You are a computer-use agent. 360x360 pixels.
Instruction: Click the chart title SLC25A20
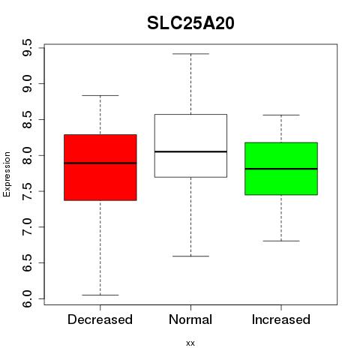coord(190,23)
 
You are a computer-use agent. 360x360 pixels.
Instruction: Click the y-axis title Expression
coord(7,174)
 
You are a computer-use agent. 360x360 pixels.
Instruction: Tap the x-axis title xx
coord(190,343)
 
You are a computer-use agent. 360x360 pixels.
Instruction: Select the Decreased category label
coord(100,319)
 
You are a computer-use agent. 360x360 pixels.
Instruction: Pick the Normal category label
coord(190,319)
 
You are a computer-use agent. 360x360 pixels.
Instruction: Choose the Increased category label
coord(281,319)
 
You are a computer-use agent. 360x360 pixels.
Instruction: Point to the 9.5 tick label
coord(27,47)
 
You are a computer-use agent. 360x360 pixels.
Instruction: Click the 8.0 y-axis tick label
coord(27,155)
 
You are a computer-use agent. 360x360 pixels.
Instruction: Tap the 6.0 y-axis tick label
coord(27,298)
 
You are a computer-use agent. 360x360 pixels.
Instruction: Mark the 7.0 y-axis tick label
coord(27,227)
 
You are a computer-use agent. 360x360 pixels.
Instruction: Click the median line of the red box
coord(100,163)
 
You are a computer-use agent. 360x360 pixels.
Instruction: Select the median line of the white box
coord(190,151)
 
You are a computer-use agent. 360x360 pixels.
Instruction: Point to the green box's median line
coord(281,169)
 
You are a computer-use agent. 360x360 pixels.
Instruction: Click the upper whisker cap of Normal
coord(190,54)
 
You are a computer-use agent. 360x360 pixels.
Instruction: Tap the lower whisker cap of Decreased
coord(100,295)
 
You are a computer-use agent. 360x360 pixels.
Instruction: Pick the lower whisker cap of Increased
coord(281,241)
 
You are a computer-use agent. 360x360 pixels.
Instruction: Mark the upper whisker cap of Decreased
coord(100,95)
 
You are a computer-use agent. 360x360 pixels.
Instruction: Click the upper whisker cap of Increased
coord(281,115)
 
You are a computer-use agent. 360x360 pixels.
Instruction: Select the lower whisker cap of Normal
coord(190,256)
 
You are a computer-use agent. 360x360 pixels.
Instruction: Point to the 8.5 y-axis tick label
coord(27,119)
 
